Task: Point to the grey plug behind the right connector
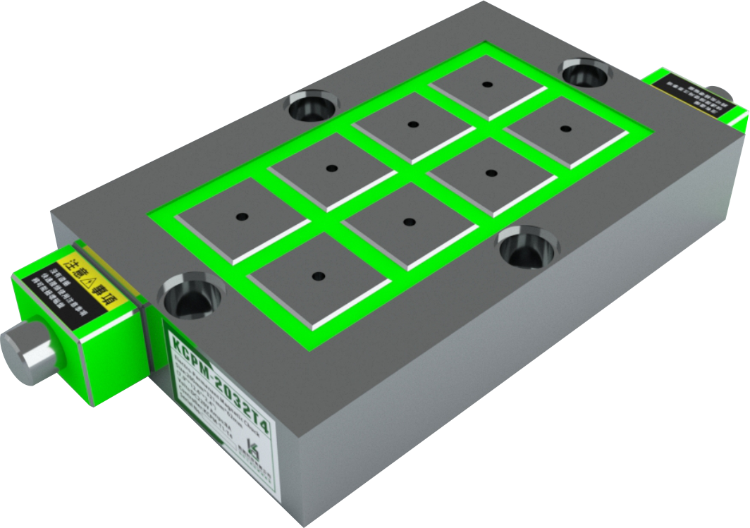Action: [720, 93]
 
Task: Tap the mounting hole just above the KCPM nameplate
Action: [190, 297]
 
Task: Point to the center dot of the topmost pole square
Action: [487, 85]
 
